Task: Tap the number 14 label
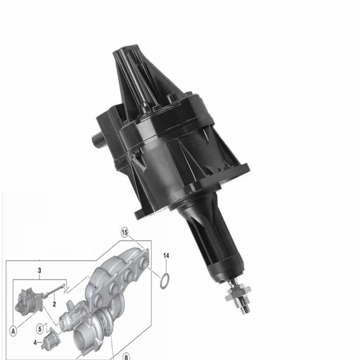[x=166, y=256]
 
